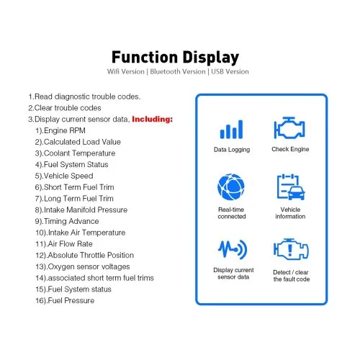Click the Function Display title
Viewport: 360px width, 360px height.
(x=175, y=58)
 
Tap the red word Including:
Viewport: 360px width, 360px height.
(x=152, y=119)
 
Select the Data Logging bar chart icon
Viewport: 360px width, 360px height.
(x=231, y=130)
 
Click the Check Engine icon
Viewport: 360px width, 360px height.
(x=289, y=128)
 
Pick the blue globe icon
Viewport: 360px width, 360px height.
(x=231, y=187)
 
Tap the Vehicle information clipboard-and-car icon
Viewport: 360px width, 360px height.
(x=291, y=187)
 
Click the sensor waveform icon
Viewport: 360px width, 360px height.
(x=233, y=249)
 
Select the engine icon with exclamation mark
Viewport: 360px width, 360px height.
(x=291, y=249)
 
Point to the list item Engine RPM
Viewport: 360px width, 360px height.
(x=60, y=130)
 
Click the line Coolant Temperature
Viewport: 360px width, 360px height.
(x=75, y=153)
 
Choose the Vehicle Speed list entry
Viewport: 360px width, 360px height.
(x=64, y=176)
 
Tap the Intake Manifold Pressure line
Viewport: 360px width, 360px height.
(x=81, y=210)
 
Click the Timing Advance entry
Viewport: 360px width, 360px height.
(x=67, y=221)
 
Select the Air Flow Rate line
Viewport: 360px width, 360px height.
(x=64, y=244)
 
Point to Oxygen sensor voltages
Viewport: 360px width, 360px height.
(x=83, y=266)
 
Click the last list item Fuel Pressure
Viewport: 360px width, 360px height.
(x=65, y=300)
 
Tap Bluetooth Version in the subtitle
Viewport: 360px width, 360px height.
(x=178, y=71)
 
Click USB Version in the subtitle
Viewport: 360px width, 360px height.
(x=230, y=71)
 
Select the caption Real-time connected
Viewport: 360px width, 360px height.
(x=232, y=213)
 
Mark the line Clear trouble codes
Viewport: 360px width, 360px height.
(x=65, y=108)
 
